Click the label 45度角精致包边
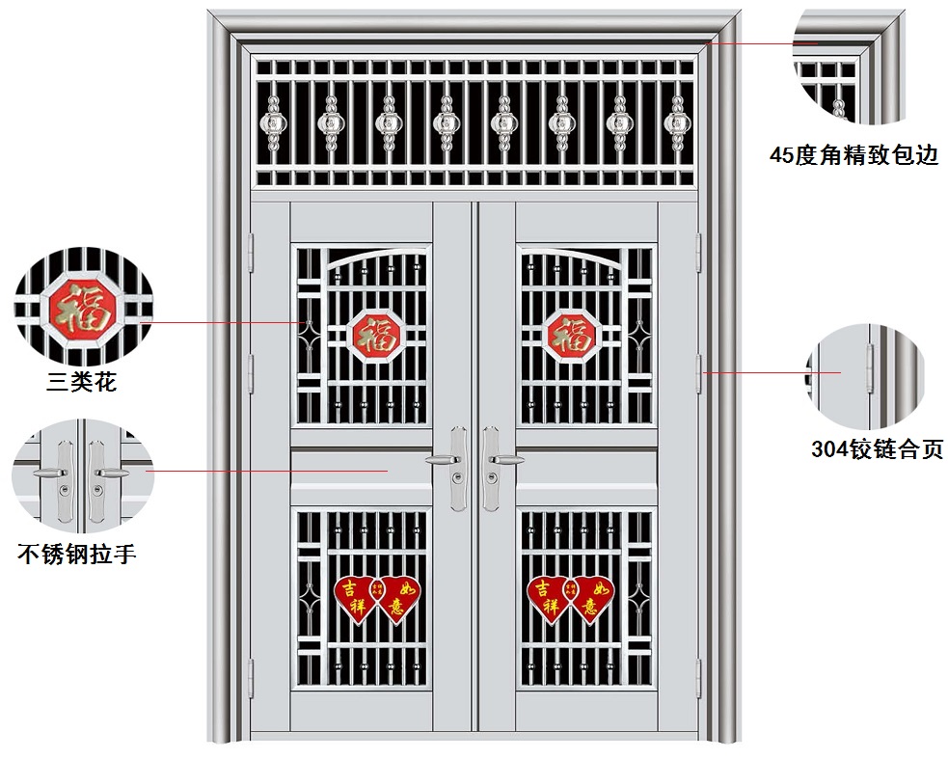[x=853, y=154]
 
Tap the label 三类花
[x=82, y=382]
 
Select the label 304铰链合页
[x=877, y=449]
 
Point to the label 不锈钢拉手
[x=77, y=555]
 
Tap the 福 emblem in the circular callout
[x=83, y=307]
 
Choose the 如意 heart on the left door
[x=397, y=598]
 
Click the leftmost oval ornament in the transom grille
[x=273, y=122]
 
